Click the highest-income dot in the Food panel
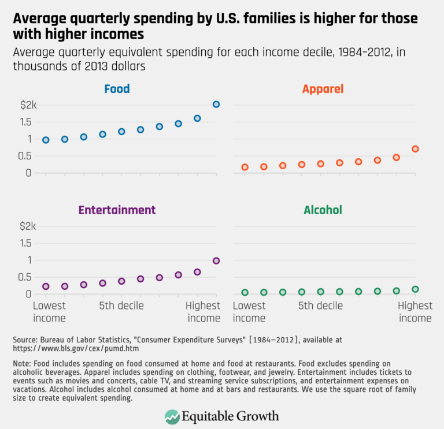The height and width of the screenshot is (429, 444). tap(216, 105)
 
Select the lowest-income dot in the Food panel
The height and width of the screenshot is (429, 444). tap(46, 140)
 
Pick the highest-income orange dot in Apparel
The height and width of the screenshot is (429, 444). tap(415, 149)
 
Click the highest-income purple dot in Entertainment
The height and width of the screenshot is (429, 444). tap(216, 260)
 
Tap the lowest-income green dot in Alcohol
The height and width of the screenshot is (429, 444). tap(245, 293)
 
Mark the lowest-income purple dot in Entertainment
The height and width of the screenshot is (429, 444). tap(46, 286)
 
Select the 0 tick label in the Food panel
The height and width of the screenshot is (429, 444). tap(27, 173)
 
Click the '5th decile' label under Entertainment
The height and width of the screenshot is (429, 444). tap(121, 305)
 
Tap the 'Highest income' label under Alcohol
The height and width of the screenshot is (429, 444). tap(415, 312)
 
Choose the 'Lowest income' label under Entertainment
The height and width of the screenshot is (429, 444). tap(49, 312)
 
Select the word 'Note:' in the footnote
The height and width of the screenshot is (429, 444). tap(21, 363)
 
